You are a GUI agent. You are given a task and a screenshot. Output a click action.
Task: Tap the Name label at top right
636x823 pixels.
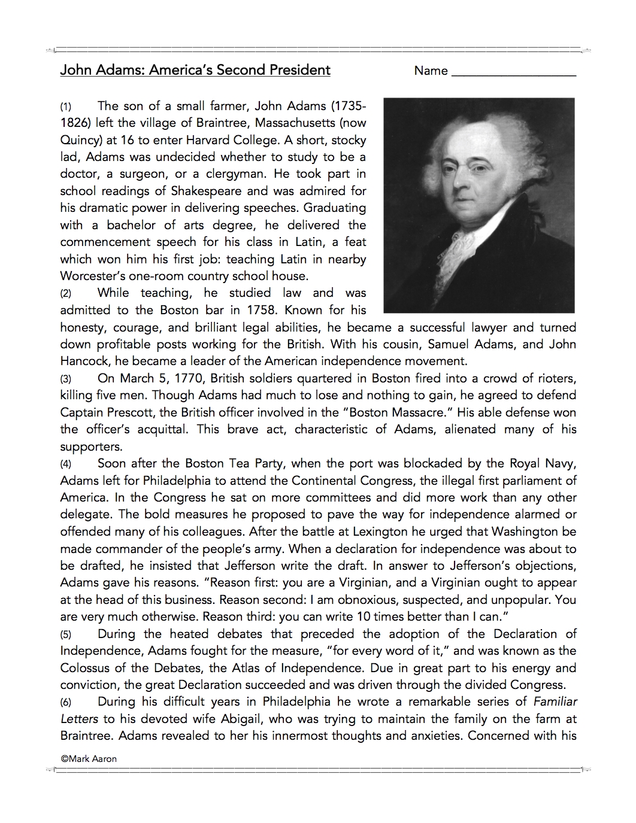click(431, 71)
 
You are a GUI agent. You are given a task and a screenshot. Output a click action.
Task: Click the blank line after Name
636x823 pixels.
click(513, 74)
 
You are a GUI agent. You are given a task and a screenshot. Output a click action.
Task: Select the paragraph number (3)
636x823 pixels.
click(66, 379)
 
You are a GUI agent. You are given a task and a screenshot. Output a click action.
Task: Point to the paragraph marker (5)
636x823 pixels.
click(66, 634)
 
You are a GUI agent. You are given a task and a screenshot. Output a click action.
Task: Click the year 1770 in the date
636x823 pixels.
click(189, 378)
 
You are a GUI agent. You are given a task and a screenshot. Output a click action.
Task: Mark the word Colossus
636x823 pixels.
click(87, 667)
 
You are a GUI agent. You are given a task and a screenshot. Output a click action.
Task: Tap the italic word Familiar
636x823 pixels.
click(555, 701)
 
